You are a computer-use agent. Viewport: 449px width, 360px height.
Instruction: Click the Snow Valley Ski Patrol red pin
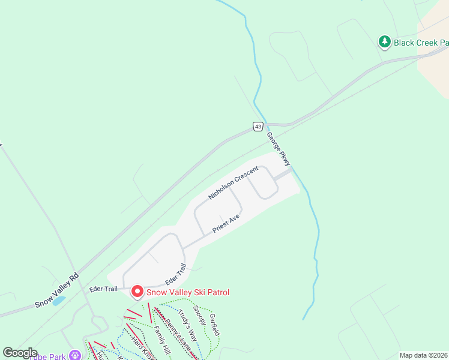pos(137,292)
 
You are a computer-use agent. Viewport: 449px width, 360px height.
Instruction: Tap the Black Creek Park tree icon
pos(384,41)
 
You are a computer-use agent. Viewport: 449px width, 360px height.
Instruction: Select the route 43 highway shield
pos(258,126)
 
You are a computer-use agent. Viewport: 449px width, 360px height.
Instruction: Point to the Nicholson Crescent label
pos(233,183)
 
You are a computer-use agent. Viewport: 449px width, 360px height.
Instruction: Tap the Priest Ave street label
pos(226,223)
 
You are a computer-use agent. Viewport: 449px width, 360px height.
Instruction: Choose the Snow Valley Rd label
pos(57,291)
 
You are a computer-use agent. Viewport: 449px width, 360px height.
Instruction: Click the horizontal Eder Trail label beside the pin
pos(104,289)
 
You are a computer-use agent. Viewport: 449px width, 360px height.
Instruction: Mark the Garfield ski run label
pos(215,324)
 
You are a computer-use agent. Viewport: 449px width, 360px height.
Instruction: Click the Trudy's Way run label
pos(187,325)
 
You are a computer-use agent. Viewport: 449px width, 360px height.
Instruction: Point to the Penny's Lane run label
pos(178,335)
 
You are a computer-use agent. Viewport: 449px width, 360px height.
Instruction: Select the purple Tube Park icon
pos(74,355)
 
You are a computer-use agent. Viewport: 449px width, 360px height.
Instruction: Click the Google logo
pos(20,353)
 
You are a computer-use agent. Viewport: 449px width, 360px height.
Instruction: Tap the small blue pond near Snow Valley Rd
pos(59,301)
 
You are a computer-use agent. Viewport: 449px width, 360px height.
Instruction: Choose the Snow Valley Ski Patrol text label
pos(188,292)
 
